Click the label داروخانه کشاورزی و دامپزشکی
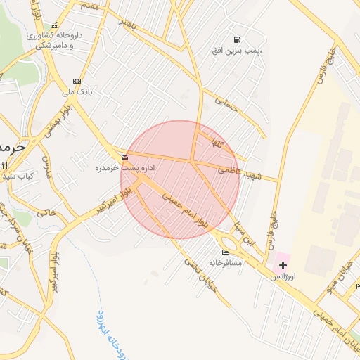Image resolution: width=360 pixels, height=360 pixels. (55, 39)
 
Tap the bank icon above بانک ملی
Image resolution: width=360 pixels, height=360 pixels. (77, 81)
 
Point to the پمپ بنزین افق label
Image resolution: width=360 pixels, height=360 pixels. (238, 51)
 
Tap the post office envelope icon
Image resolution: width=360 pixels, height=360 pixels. (124, 157)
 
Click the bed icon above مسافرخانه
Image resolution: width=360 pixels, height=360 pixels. (225, 252)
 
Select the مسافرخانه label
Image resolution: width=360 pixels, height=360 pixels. (225, 262)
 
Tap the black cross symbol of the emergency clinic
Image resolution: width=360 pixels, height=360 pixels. (283, 265)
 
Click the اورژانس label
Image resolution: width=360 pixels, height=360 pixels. (283, 277)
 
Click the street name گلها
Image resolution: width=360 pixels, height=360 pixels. (210, 142)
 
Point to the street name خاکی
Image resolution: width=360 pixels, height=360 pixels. (46, 210)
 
